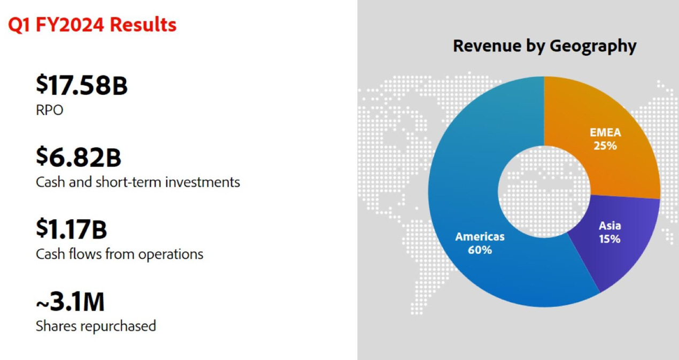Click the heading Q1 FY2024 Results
(92, 25)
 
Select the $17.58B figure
(81, 86)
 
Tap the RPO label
(49, 110)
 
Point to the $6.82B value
(79, 157)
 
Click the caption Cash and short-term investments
(137, 182)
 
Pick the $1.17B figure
(71, 229)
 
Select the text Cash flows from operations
(119, 254)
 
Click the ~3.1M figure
(70, 302)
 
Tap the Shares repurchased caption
(96, 326)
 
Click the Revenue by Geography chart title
(544, 46)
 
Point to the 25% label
(605, 145)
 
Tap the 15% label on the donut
(609, 239)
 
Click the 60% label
(480, 249)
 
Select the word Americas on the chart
(480, 236)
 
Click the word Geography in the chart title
(593, 46)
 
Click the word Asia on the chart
(609, 226)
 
